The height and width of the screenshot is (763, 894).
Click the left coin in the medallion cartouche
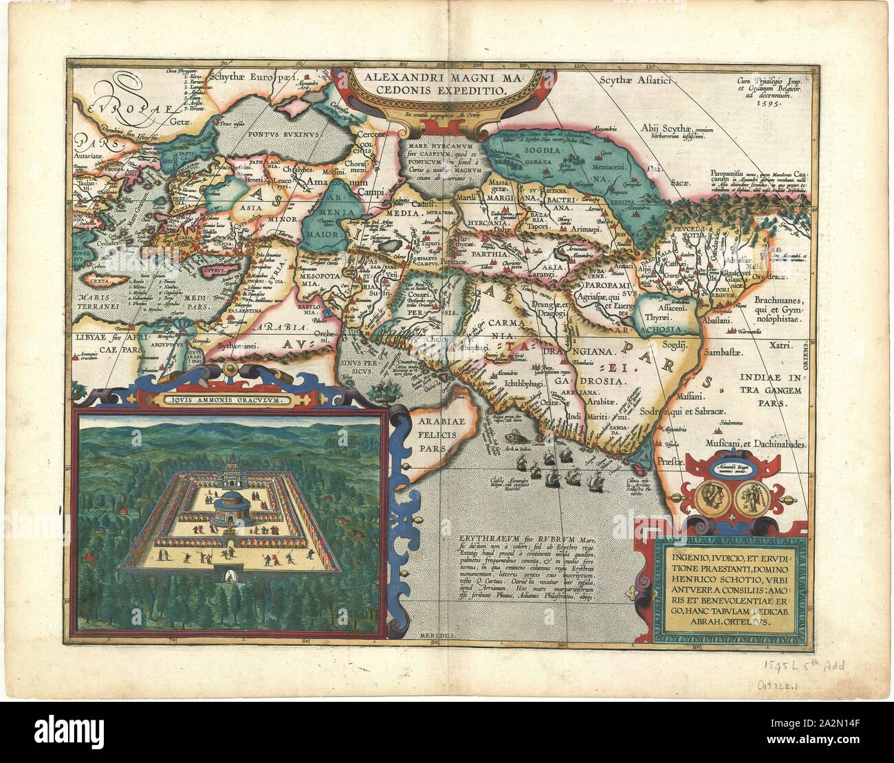pos(711,497)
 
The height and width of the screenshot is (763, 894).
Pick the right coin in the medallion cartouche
pos(745,497)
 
